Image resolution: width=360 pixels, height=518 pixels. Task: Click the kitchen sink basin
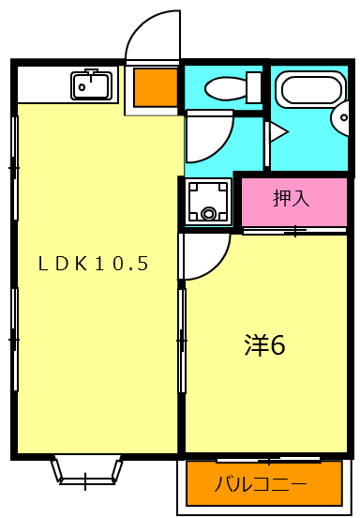(x=92, y=88)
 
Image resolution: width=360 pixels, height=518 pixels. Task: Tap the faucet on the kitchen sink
(x=92, y=74)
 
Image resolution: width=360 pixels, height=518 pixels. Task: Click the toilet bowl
(x=223, y=88)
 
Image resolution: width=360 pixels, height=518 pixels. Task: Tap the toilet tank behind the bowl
(x=254, y=87)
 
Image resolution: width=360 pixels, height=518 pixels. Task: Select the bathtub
(x=309, y=90)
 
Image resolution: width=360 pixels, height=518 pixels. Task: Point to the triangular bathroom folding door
(x=276, y=132)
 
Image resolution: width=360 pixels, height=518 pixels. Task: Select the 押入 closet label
(x=291, y=199)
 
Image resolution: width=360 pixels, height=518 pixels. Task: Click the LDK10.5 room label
(x=94, y=264)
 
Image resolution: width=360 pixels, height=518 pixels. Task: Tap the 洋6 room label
(x=264, y=344)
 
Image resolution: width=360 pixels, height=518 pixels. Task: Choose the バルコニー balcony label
(x=261, y=485)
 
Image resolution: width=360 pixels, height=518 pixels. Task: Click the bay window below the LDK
(x=86, y=470)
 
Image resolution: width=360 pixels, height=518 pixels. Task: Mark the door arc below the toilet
(x=208, y=137)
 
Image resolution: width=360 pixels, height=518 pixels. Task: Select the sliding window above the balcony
(x=267, y=459)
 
